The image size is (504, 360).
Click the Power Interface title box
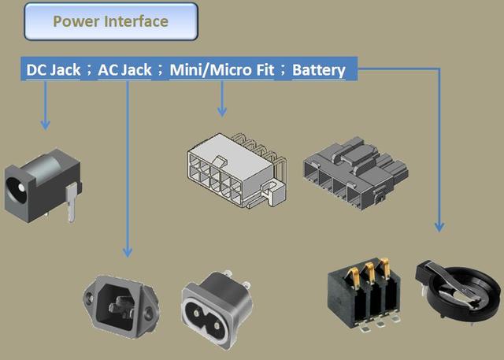111,21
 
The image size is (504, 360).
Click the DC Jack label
54,70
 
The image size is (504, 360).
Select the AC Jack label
124,70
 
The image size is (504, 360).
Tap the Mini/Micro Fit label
222,70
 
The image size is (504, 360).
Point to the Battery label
318,70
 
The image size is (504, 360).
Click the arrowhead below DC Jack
46,125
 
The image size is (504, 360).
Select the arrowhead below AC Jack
128,252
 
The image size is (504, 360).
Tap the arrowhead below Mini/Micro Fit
222,112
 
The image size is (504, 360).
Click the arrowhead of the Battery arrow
439,227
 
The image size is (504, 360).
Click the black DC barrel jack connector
43,185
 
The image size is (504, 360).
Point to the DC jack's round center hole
21,187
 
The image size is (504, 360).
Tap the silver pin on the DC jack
72,202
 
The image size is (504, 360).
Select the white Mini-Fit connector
236,170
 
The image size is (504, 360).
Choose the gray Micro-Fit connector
355,173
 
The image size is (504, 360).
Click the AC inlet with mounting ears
120,306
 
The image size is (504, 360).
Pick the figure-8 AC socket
217,310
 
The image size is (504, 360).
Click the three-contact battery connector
364,294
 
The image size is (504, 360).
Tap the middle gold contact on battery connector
369,273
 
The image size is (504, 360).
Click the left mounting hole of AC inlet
90,299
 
